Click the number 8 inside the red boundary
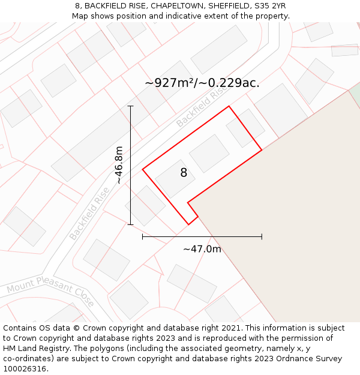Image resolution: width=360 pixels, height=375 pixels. (x=184, y=173)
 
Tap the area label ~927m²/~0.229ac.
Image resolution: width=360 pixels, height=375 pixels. (x=202, y=83)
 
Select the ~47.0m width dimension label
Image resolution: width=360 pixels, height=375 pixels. (x=202, y=249)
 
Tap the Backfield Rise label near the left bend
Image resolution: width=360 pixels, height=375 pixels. (x=89, y=213)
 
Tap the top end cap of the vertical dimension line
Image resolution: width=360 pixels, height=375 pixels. (x=130, y=106)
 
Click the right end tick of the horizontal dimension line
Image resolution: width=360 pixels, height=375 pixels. (x=262, y=236)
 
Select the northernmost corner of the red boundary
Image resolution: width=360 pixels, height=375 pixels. (x=229, y=106)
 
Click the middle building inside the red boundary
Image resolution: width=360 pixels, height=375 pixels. (x=209, y=153)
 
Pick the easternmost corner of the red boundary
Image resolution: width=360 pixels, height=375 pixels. (x=262, y=149)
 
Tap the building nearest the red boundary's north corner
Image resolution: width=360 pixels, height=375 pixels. (x=245, y=128)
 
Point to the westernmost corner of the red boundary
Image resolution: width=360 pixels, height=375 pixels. (x=143, y=169)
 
